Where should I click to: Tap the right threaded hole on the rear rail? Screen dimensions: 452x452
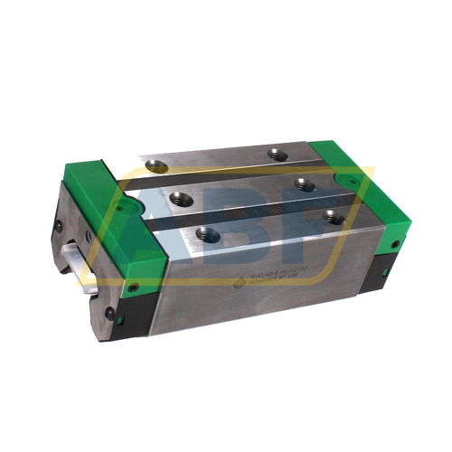[279, 155]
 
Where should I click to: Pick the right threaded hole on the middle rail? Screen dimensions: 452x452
[306, 184]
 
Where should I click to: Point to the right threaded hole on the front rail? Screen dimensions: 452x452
[334, 216]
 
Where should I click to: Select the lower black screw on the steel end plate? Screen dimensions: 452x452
[108, 313]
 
